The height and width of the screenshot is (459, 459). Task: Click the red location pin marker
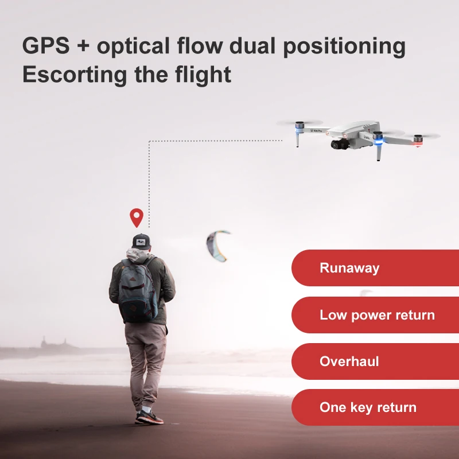136,217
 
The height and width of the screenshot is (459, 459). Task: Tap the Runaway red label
349,268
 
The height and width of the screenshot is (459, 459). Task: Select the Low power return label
377,315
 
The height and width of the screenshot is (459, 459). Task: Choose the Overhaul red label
349,361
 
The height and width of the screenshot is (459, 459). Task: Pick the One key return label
368,408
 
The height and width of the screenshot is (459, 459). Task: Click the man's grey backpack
138,290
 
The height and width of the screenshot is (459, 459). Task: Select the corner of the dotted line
149,141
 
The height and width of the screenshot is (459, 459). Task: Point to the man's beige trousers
146,361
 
